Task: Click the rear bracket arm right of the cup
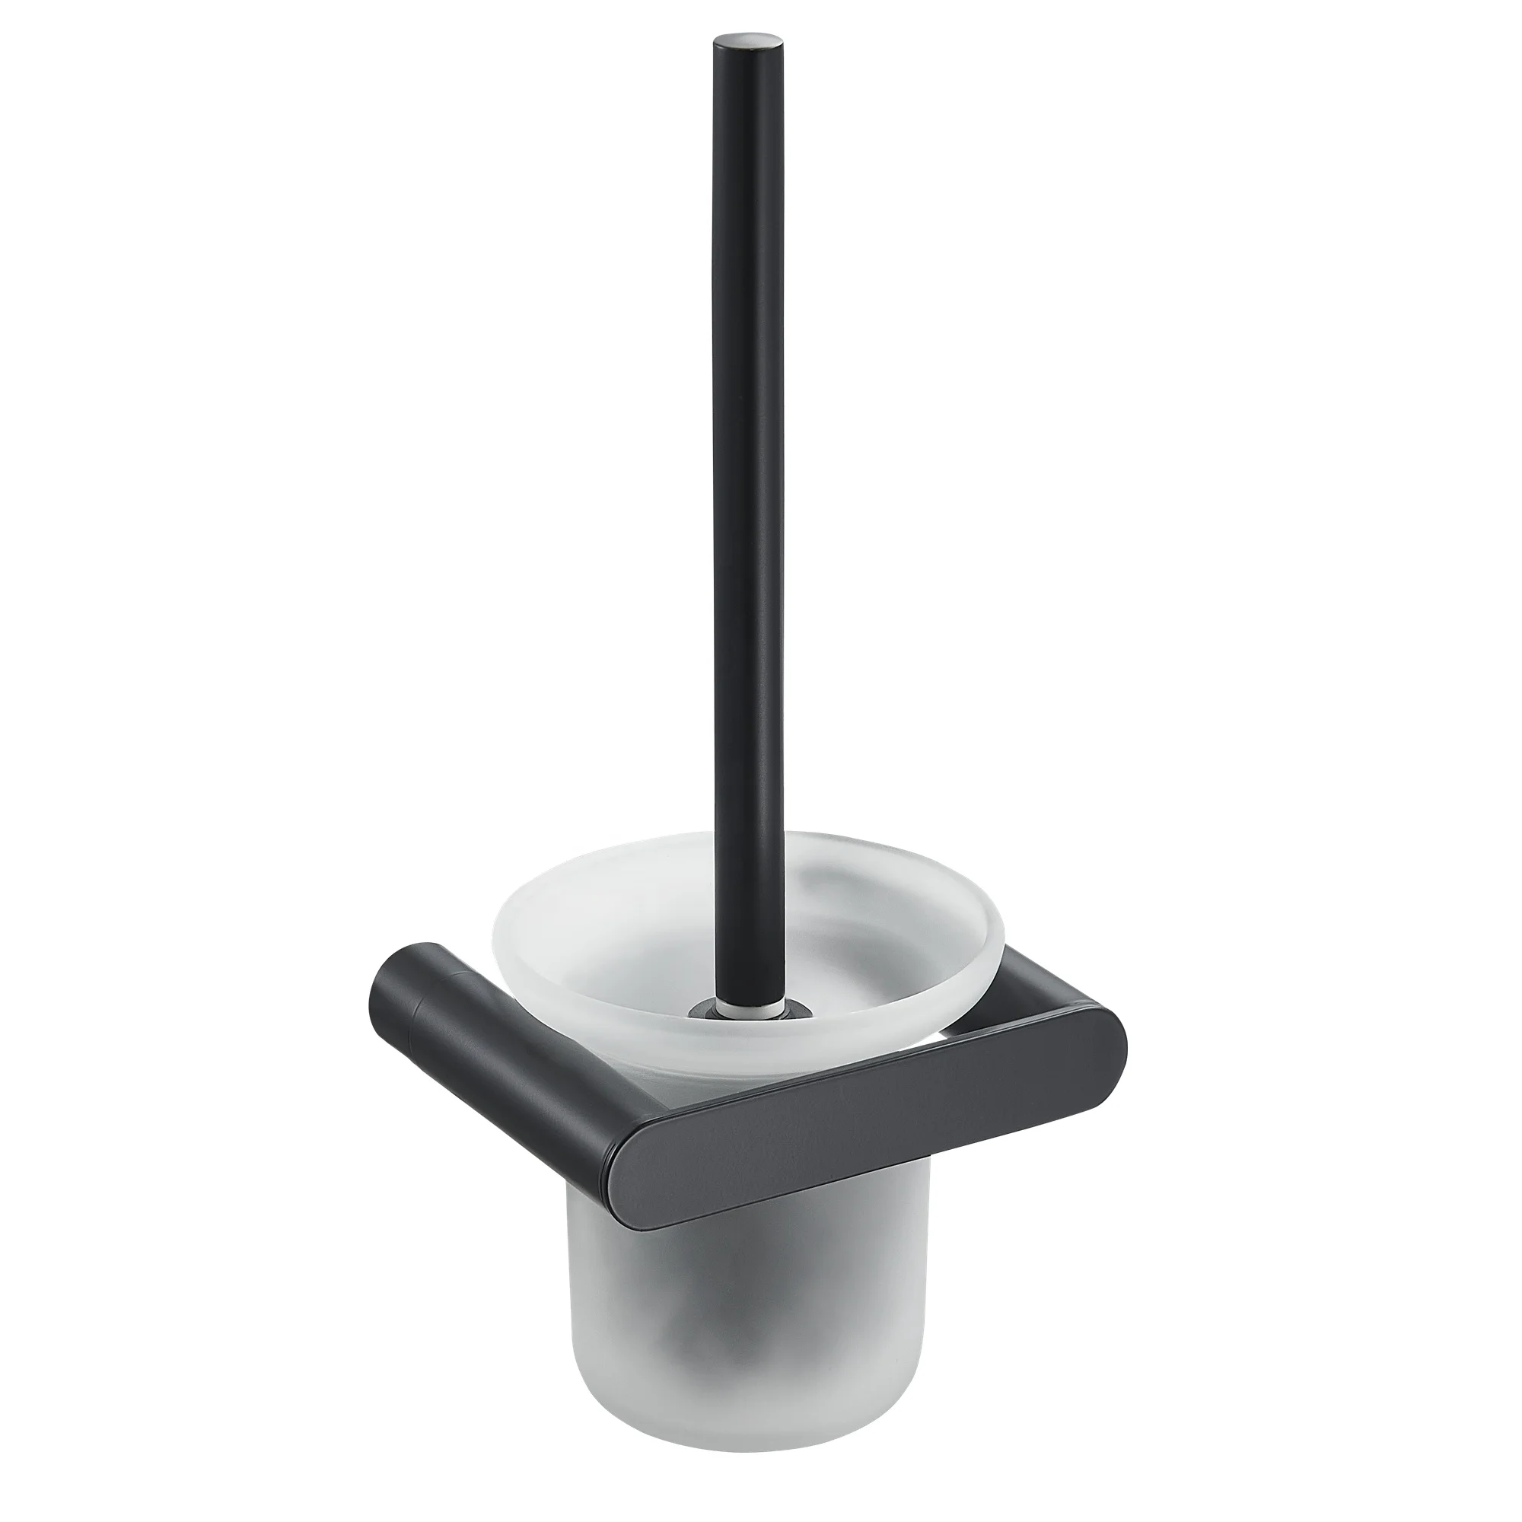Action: coord(1024,977)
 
